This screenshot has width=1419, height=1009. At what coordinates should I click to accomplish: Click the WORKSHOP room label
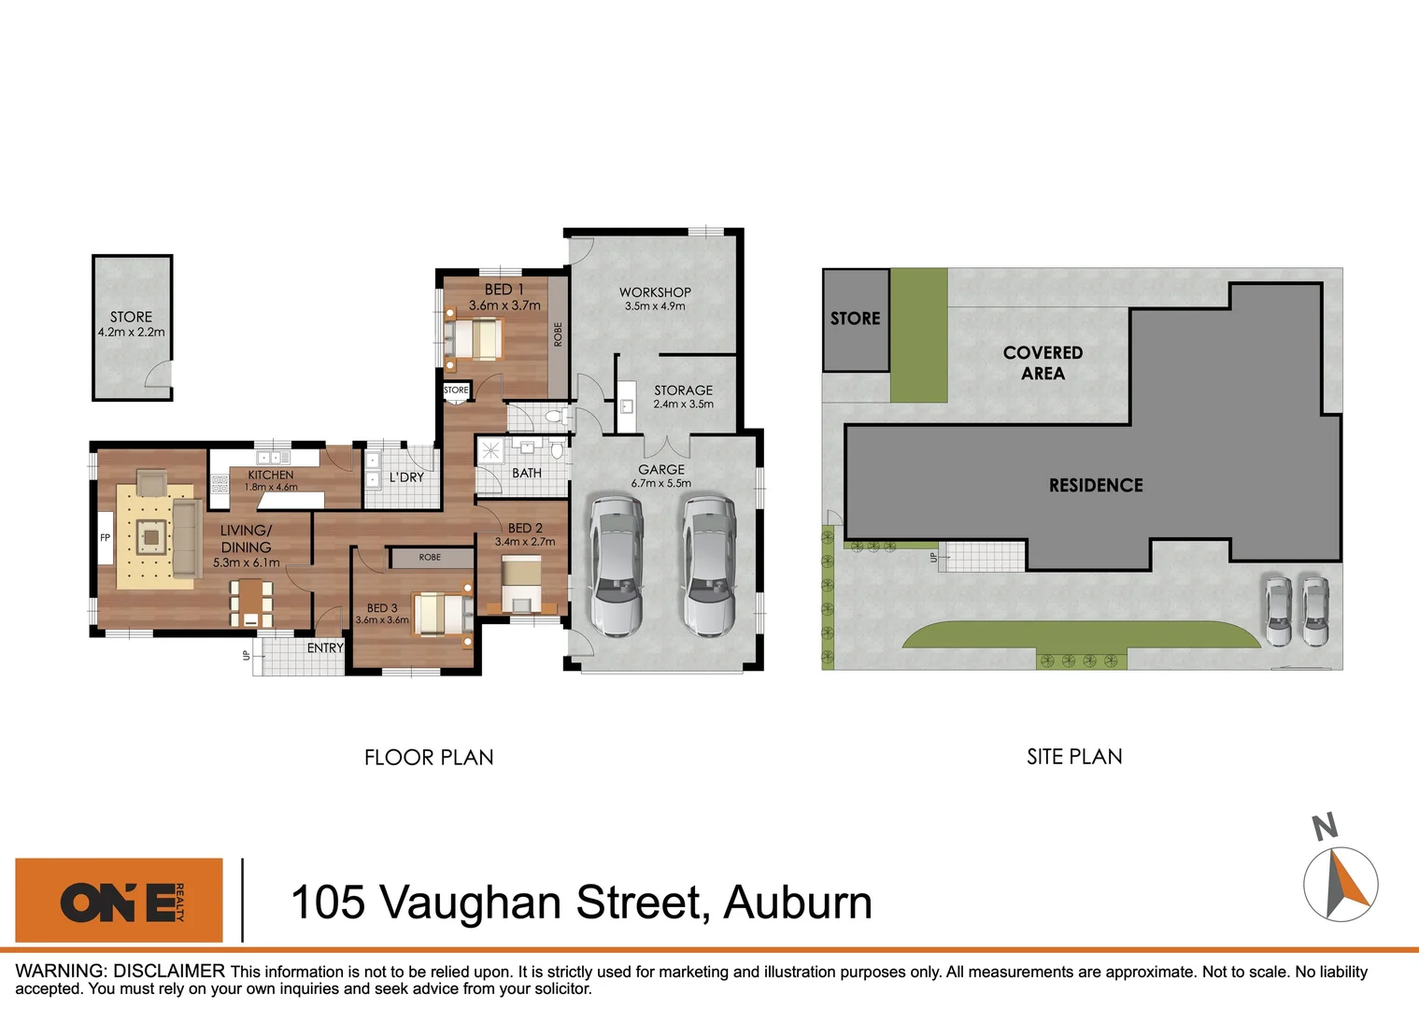(x=655, y=292)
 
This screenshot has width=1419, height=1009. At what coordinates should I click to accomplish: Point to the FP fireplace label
(x=105, y=538)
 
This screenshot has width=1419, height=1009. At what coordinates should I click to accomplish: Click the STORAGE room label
(x=683, y=391)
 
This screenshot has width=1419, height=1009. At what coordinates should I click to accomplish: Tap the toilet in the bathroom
(x=557, y=452)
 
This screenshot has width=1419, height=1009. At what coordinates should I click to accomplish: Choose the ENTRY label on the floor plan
(x=325, y=647)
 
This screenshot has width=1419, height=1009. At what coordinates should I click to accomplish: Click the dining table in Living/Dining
(x=250, y=603)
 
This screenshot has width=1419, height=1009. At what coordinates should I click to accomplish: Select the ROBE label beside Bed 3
(x=430, y=558)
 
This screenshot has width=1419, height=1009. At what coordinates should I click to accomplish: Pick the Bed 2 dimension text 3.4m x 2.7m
(x=525, y=542)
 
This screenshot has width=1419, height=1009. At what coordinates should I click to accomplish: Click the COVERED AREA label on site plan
(x=1043, y=362)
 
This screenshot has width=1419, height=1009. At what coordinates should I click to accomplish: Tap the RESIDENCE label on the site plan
(x=1096, y=485)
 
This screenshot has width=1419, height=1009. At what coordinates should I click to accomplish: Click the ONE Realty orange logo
(x=120, y=901)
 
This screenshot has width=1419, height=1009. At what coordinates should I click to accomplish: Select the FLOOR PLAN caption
(x=429, y=758)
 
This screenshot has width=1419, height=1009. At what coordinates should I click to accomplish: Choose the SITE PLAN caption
(x=1074, y=757)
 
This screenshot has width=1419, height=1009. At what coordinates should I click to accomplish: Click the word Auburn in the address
(x=798, y=902)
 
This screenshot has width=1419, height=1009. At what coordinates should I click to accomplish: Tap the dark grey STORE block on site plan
(x=856, y=320)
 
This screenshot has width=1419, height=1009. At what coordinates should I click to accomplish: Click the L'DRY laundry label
(x=406, y=477)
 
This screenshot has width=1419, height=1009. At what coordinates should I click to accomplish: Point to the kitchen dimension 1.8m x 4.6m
(x=271, y=487)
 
